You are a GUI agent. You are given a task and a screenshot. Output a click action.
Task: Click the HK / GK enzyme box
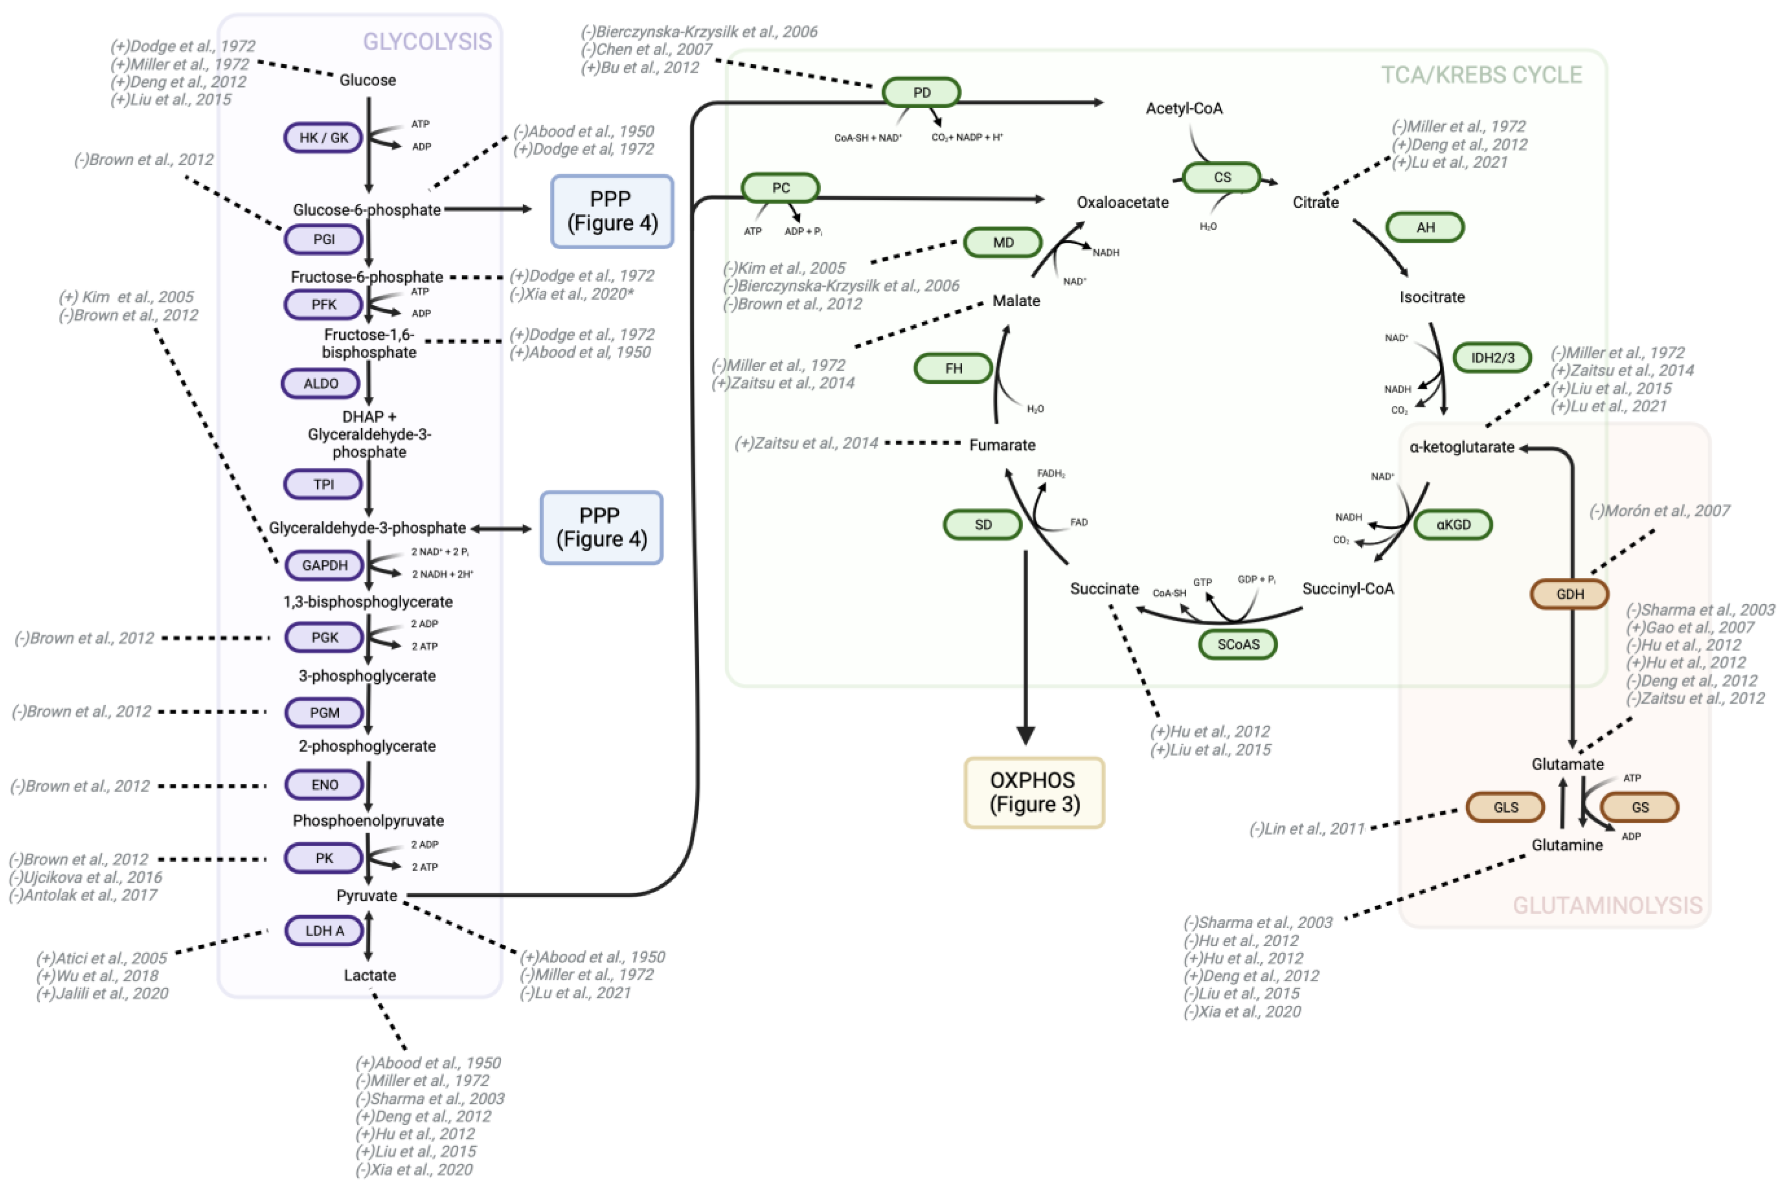[323, 138]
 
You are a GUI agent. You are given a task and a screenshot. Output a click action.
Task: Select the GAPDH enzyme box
[324, 565]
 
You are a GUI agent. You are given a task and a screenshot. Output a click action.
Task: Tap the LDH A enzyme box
[324, 930]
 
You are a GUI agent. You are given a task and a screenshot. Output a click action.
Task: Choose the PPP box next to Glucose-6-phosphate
[612, 211]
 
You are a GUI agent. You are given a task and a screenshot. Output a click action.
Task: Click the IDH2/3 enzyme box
[1492, 358]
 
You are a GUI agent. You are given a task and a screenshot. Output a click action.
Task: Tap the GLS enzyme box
[1505, 807]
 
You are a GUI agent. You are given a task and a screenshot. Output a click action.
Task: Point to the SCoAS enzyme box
[1238, 644]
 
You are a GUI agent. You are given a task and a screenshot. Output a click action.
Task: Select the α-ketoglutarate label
[1462, 447]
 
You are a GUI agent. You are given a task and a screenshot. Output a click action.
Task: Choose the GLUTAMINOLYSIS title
[1607, 905]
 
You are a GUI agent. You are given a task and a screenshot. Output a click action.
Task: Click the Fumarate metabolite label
[1002, 445]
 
